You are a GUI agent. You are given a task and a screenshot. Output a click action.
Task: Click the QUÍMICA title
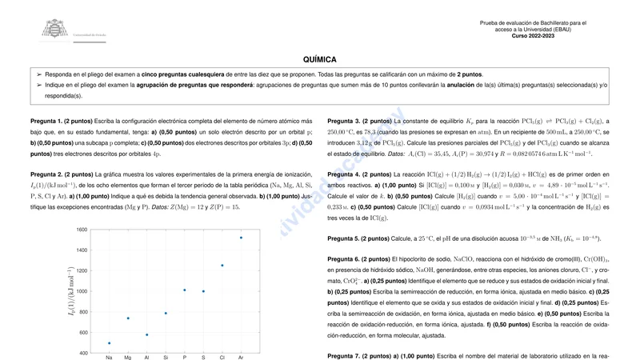point(320,59)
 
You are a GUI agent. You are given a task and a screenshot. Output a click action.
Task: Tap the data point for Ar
point(241,238)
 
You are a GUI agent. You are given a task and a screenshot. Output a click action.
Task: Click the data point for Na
point(109,343)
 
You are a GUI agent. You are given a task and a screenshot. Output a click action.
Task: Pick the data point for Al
point(146,334)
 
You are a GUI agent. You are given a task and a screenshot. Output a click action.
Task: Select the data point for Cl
point(222,266)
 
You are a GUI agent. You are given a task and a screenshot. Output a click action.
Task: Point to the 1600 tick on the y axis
point(82,230)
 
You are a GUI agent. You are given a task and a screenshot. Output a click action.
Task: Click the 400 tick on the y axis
point(82,353)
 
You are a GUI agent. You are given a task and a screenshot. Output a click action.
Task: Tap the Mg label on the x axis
point(127,357)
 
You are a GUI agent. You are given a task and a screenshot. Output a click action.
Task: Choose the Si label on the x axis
point(166,357)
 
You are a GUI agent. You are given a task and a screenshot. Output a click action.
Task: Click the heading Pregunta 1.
point(47,120)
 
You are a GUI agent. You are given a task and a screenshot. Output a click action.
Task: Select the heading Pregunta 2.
point(47,174)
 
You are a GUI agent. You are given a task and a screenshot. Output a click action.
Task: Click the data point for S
point(203,291)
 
